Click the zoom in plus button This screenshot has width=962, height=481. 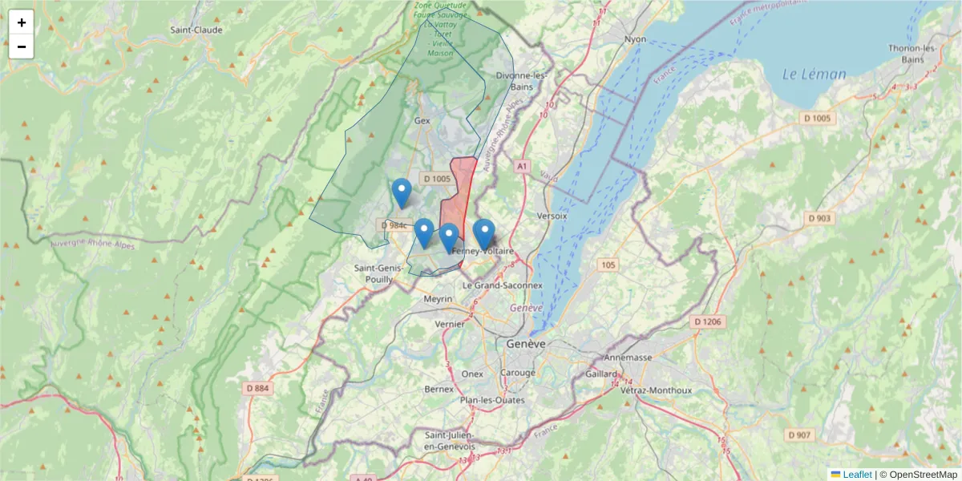tap(22, 22)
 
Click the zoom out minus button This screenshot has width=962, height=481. tap(22, 46)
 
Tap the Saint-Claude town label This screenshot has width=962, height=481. tap(196, 30)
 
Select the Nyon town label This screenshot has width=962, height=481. tap(635, 38)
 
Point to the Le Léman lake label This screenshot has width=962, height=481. tap(814, 75)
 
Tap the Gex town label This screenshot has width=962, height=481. tap(422, 120)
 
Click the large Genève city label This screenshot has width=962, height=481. tap(526, 343)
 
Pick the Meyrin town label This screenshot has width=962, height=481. tap(439, 299)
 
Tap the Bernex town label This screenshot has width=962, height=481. tap(439, 389)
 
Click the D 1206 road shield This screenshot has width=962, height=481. tap(708, 321)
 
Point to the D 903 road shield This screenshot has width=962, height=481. tap(821, 218)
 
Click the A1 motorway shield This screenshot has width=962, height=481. tap(522, 166)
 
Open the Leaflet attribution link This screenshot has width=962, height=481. tap(856, 475)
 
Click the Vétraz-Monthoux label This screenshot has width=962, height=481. tap(656, 390)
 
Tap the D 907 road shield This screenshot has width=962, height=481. tap(799, 435)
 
